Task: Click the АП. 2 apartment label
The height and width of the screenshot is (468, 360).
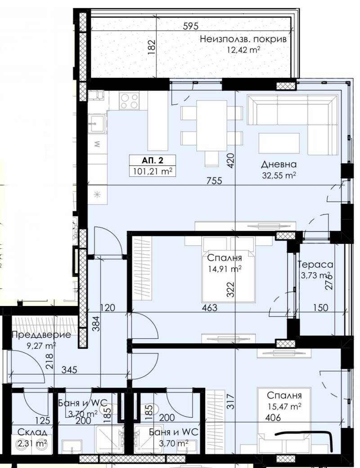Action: coord(152,161)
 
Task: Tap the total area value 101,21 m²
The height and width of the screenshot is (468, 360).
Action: coord(152,172)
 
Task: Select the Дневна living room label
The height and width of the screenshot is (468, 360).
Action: coord(279,164)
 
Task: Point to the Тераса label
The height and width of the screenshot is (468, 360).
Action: coord(315,265)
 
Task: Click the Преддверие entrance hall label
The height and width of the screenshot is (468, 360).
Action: coord(41,335)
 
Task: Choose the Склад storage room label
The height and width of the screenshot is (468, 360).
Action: coord(32,432)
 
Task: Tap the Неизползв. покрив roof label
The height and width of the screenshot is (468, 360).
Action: coord(243,39)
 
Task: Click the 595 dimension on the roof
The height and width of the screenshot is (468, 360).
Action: coord(190,26)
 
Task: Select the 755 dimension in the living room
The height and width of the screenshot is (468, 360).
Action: coord(214,180)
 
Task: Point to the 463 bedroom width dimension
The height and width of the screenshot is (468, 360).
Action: coord(210,307)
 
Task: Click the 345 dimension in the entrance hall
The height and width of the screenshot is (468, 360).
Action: coord(69,370)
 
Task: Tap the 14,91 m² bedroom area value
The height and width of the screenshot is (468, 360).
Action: coord(225,269)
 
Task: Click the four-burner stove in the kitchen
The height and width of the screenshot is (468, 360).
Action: coord(129,100)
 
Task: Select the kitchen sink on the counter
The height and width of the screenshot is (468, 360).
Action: coord(97,123)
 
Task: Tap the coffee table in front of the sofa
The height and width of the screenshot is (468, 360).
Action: coord(279,143)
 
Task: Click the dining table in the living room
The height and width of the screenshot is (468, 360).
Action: coord(211,126)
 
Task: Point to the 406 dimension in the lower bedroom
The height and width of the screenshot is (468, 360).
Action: coord(273,417)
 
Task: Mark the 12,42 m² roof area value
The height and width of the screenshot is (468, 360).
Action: coord(243,49)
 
